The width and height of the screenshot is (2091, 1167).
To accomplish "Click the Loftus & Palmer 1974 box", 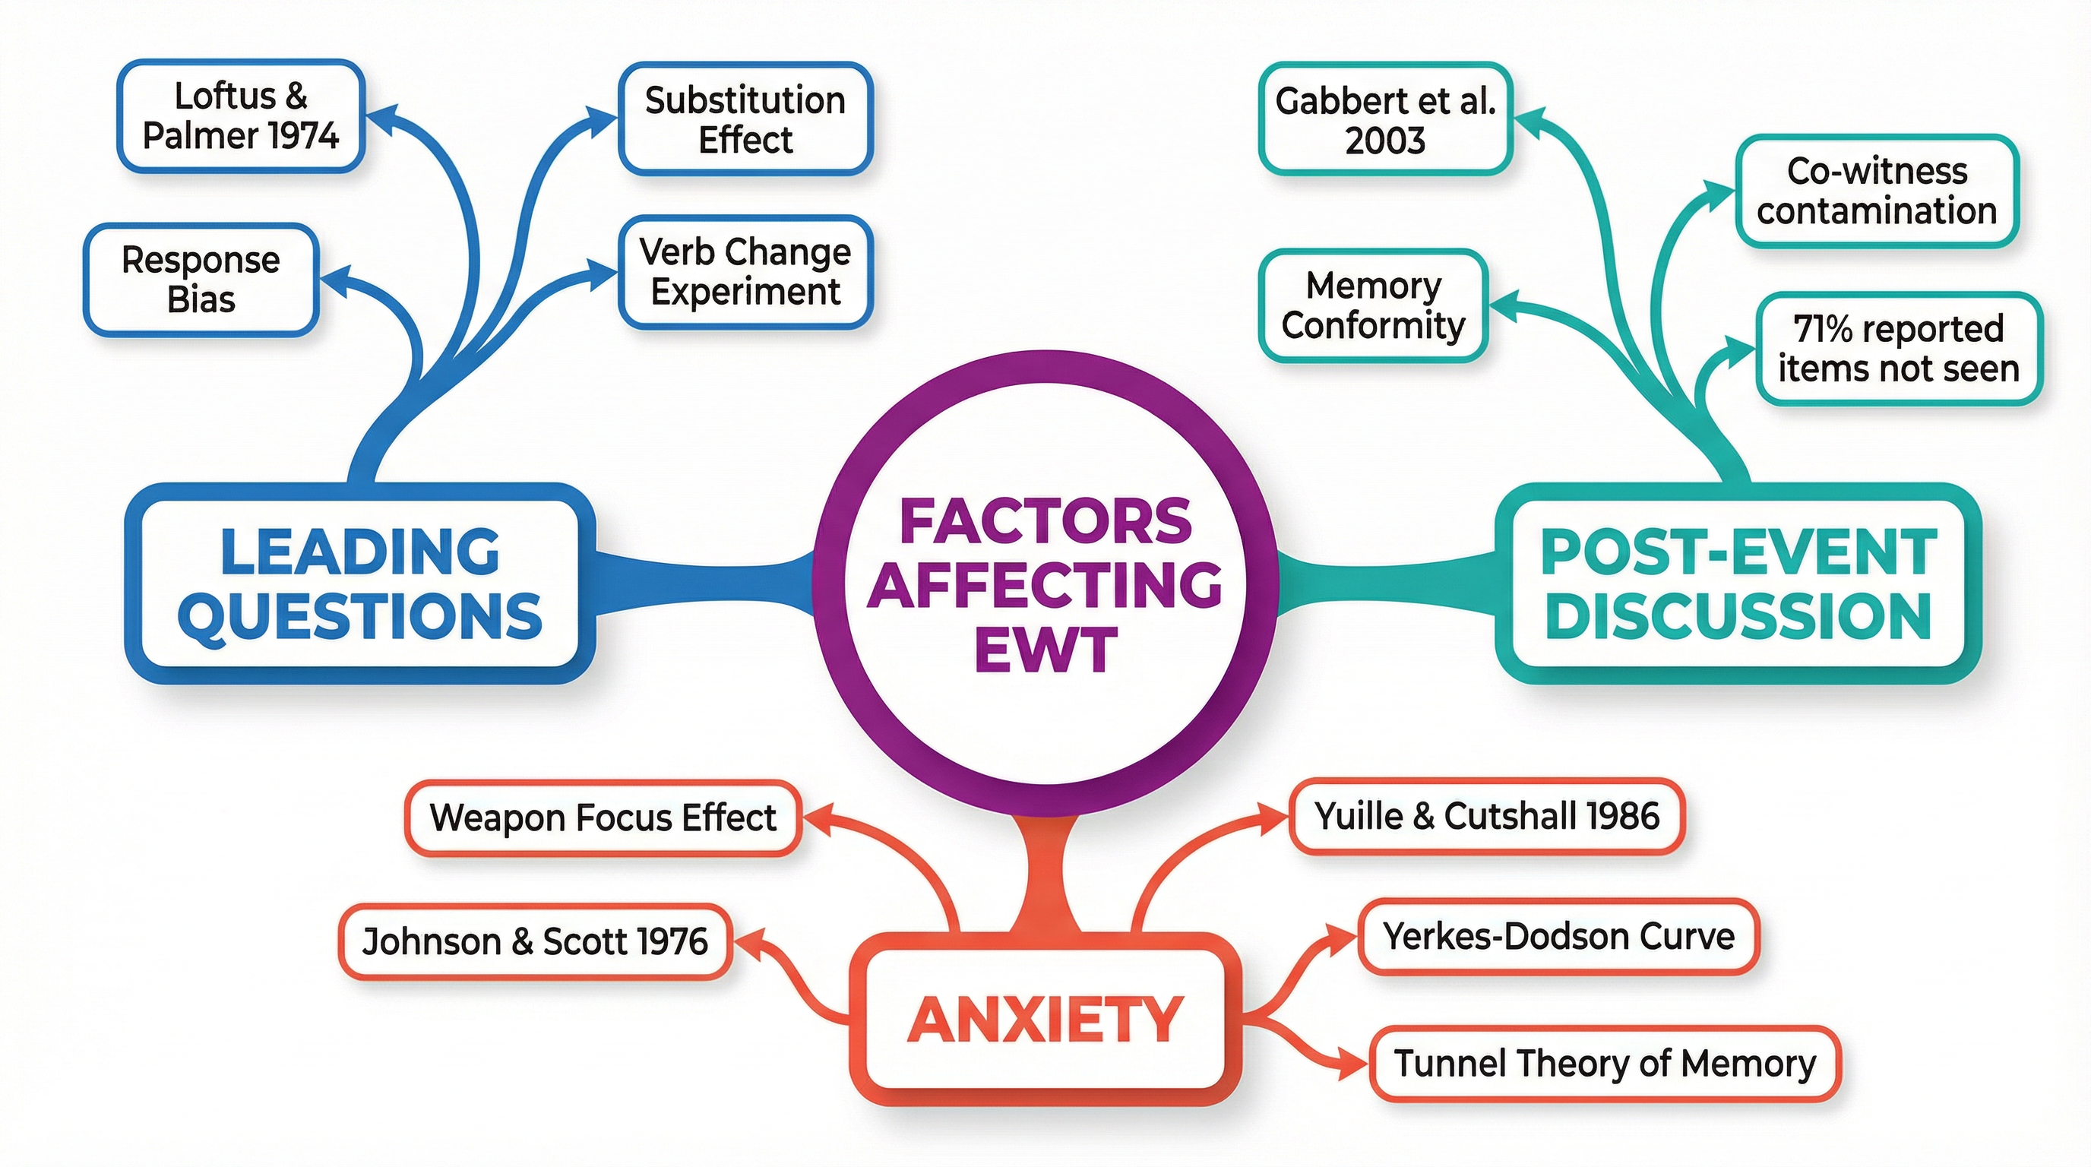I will tap(240, 116).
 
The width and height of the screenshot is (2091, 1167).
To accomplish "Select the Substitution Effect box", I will tap(745, 119).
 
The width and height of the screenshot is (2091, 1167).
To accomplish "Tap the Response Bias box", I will tap(201, 280).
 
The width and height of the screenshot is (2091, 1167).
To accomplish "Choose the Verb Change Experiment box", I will tap(745, 272).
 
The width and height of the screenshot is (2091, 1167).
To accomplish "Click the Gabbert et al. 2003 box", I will tap(1385, 119).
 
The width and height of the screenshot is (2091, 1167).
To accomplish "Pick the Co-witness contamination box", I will tap(1877, 191).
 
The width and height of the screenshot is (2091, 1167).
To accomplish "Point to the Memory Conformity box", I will tap(1374, 305).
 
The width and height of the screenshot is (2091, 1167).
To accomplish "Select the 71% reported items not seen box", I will tap(1898, 349).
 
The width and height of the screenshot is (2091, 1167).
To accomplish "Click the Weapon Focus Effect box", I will tap(603, 818).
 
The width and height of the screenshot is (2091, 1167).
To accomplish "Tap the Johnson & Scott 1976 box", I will tap(535, 942).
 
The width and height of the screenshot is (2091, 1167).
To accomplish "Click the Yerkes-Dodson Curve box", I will tap(1558, 937).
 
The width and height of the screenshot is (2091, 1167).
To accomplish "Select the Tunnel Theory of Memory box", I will tap(1605, 1064).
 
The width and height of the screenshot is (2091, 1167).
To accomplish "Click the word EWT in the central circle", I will tap(1045, 651).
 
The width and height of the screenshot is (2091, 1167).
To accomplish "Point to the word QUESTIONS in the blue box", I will tap(359, 617).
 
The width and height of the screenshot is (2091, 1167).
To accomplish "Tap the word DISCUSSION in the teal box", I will tap(1738, 617).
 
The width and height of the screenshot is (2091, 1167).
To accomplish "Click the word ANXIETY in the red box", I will tap(1045, 1020).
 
